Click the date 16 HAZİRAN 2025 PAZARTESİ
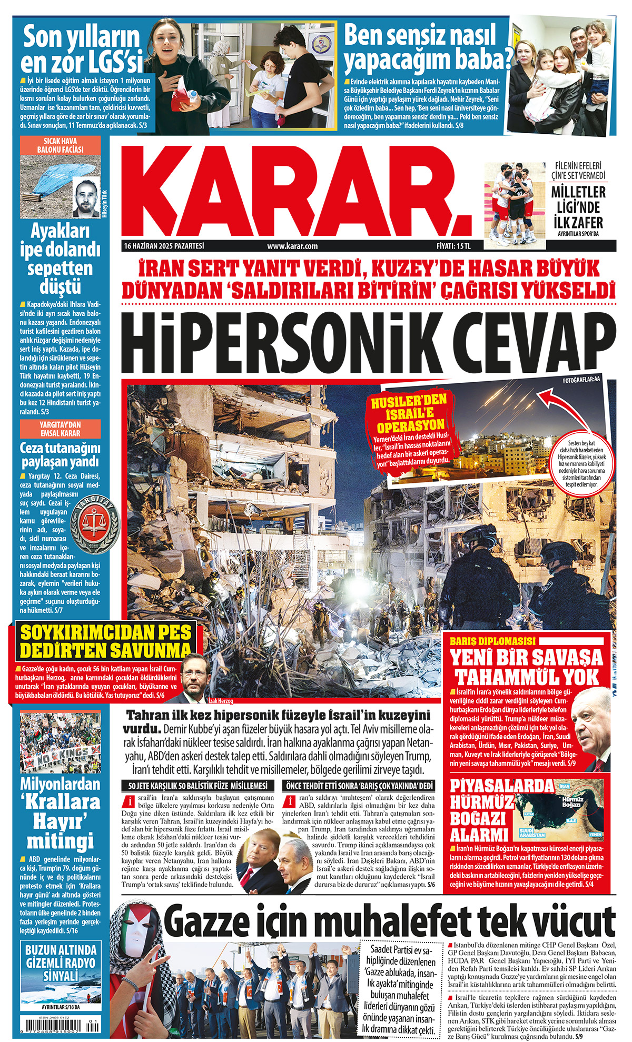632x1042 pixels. click(x=164, y=246)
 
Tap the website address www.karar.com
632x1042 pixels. click(x=292, y=246)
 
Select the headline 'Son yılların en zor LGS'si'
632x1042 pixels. click(x=82, y=49)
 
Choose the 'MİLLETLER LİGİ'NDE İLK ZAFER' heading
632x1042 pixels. click(x=578, y=206)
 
